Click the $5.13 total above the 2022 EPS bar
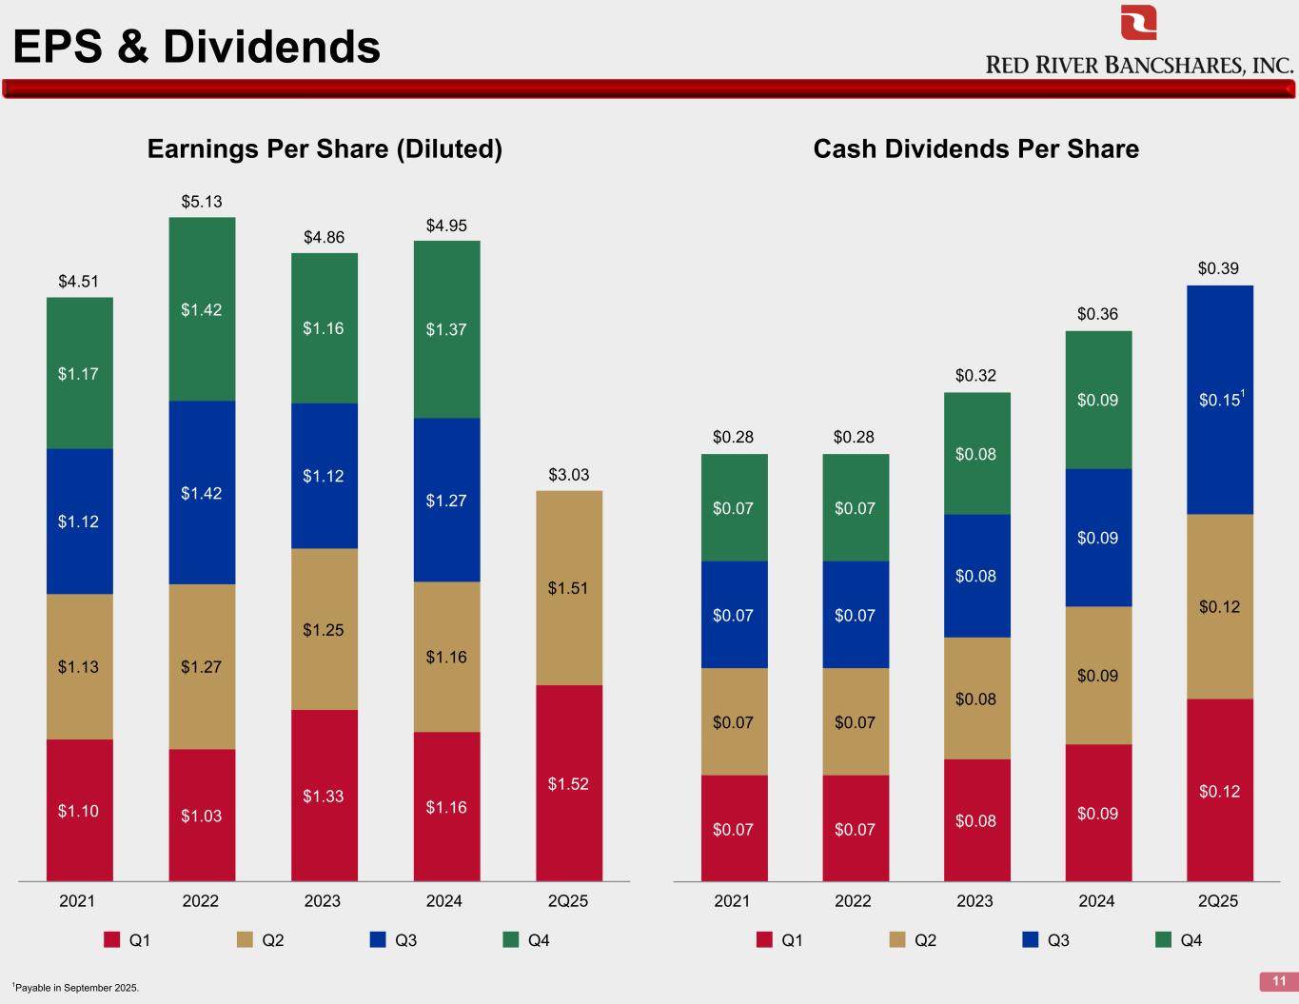pyautogui.click(x=202, y=202)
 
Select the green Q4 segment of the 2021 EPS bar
pyautogui.click(x=80, y=373)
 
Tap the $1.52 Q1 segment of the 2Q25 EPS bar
pyautogui.click(x=568, y=783)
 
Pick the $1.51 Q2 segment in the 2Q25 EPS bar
pyautogui.click(x=568, y=588)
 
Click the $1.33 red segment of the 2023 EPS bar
pyautogui.click(x=324, y=796)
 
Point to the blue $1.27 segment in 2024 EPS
pyautogui.click(x=446, y=500)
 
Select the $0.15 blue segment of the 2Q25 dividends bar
pyautogui.click(x=1219, y=400)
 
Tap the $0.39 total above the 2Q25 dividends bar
pyautogui.click(x=1218, y=269)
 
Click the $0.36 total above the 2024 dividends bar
pyautogui.click(x=1097, y=314)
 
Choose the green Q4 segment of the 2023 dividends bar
pyautogui.click(x=976, y=453)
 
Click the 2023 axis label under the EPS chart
pyautogui.click(x=323, y=901)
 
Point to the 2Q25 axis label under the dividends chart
pyautogui.click(x=1218, y=901)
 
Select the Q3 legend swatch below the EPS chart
pyautogui.click(x=378, y=940)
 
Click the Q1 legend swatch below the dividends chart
pyautogui.click(x=764, y=940)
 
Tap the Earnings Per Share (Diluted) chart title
pyautogui.click(x=325, y=149)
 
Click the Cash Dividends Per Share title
pyautogui.click(x=975, y=149)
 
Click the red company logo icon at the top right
pyautogui.click(x=1138, y=23)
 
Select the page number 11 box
pyautogui.click(x=1278, y=981)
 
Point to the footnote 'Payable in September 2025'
pyautogui.click(x=75, y=988)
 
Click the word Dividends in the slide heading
pyautogui.click(x=272, y=47)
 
